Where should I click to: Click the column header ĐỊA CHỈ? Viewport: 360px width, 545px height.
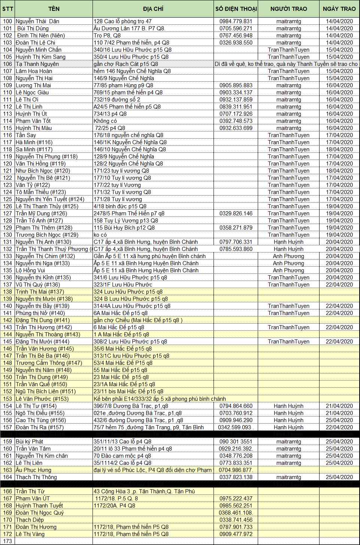[153, 9]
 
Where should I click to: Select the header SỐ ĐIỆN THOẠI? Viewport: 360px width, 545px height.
[236, 9]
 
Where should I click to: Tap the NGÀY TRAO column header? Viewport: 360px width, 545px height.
[339, 9]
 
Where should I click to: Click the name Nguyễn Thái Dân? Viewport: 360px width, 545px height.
[37, 21]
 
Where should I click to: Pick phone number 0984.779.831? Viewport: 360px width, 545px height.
[236, 21]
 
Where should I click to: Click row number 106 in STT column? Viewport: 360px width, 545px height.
[7, 64]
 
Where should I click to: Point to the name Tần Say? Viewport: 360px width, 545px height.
[26, 135]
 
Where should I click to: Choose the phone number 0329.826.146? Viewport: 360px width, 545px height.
[236, 214]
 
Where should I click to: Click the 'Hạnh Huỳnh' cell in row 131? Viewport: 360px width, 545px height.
[288, 242]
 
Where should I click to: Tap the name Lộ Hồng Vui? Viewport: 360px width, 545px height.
[30, 270]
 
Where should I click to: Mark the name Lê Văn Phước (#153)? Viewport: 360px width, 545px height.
[42, 399]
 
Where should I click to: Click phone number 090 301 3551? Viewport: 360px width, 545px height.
[236, 442]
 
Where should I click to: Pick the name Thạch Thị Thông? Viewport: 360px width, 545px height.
[36, 477]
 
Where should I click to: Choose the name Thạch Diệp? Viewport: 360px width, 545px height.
[30, 520]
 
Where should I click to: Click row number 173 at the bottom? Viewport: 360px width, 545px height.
[7, 541]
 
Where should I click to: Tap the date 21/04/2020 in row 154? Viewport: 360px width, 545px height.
[339, 406]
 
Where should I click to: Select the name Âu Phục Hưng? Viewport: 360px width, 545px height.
[33, 470]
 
